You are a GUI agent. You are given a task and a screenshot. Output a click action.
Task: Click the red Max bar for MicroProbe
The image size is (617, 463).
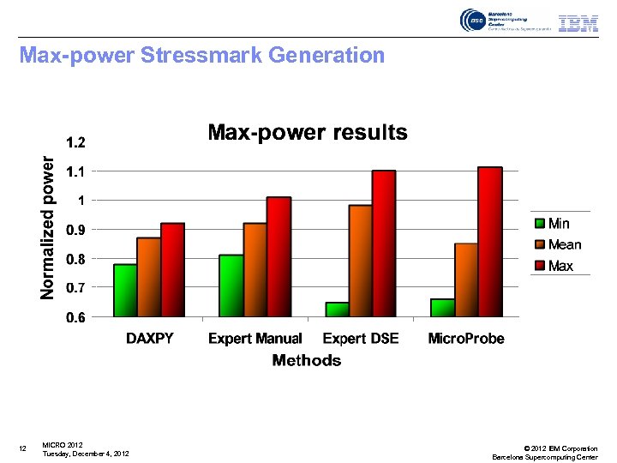pyautogui.click(x=489, y=242)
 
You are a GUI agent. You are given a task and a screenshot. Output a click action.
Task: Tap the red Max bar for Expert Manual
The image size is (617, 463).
pyautogui.click(x=279, y=256)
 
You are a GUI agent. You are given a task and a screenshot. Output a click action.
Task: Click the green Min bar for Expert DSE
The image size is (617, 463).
pyautogui.click(x=337, y=310)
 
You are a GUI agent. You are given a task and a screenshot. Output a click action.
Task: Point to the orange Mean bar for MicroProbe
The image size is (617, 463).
pyautogui.click(x=466, y=280)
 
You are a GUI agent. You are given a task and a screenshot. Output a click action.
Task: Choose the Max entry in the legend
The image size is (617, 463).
pyautogui.click(x=559, y=266)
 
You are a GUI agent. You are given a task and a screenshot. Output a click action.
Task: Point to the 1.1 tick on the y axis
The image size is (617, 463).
pyautogui.click(x=75, y=171)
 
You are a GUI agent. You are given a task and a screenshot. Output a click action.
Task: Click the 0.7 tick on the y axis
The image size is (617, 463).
pyautogui.click(x=75, y=288)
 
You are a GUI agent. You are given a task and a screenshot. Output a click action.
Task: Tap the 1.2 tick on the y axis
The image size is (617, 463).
pyautogui.click(x=75, y=141)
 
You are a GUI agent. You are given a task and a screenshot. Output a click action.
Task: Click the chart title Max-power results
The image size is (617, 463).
pyautogui.click(x=308, y=133)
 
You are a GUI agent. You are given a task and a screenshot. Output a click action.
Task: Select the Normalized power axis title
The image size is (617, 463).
pyautogui.click(x=49, y=226)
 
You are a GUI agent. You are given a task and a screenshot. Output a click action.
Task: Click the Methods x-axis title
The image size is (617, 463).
pyautogui.click(x=306, y=360)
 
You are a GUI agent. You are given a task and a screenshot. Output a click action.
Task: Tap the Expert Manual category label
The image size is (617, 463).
pyautogui.click(x=255, y=339)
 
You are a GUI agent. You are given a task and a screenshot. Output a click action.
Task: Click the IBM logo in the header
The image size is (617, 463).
pyautogui.click(x=578, y=23)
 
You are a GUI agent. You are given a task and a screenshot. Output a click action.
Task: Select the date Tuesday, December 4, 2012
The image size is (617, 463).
pyautogui.click(x=86, y=454)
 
